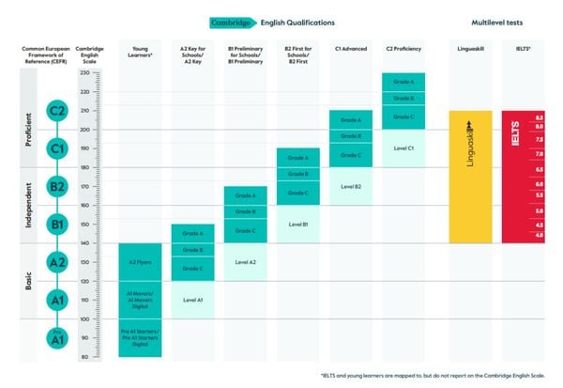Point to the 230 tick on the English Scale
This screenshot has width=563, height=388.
pos(85,91)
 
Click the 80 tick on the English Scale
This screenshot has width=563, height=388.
pos(85,357)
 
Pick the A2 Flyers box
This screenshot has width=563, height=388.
pos(140,262)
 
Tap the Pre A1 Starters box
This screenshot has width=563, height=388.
pos(140,337)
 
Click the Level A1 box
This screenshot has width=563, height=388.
pos(192,300)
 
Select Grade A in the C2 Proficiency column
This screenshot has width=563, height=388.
pos(403,82)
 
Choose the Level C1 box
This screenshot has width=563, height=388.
pos(403,148)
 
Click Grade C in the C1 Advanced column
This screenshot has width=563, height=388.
pos(351,155)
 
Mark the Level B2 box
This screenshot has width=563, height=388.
pos(351,186)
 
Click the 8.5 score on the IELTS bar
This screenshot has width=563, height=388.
pos(539,117)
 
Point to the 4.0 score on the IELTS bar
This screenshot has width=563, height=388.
pos(539,235)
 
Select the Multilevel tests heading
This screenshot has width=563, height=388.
pos(498,22)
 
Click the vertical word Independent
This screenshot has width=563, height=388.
pos(27,205)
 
